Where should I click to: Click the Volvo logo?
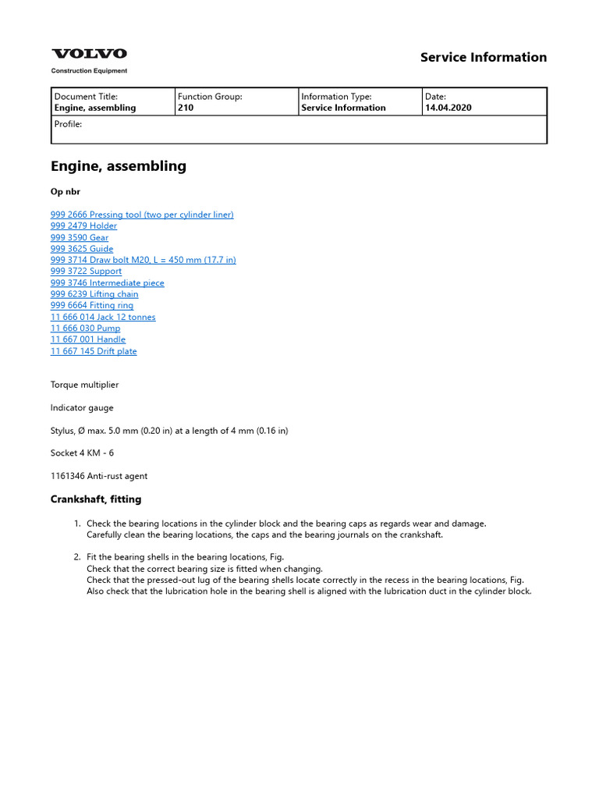pos(89,54)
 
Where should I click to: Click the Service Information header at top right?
pos(484,57)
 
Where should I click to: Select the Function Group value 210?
pos(186,108)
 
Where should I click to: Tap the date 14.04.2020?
pos(448,108)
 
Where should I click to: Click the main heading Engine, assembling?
pos(119,165)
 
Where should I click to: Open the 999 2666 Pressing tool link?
pos(142,215)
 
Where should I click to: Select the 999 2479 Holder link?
pos(83,225)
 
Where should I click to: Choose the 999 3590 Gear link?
pos(80,237)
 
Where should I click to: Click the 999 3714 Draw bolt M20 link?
pos(143,260)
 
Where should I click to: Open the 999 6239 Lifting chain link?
pos(94,294)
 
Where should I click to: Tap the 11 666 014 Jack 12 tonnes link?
pos(103,317)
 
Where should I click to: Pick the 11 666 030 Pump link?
pos(85,328)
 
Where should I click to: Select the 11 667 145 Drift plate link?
pos(94,351)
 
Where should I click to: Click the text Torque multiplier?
pos(85,385)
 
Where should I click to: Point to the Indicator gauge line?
pos(82,407)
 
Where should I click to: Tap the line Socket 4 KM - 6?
pos(82,453)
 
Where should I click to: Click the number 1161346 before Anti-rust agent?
pos(67,475)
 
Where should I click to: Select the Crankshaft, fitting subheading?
pos(96,499)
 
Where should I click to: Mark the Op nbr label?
pos(66,191)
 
